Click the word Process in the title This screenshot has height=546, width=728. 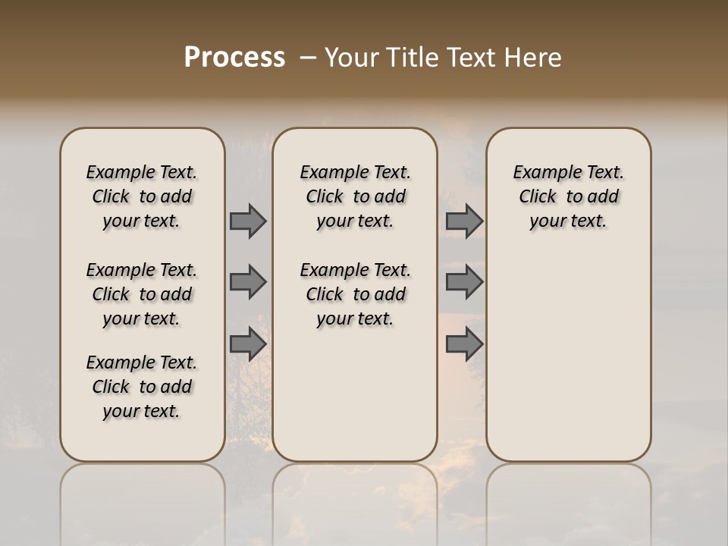pyautogui.click(x=234, y=57)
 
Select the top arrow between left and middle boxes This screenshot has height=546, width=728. pyautogui.click(x=247, y=221)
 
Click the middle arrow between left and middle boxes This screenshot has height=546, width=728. pyautogui.click(x=247, y=282)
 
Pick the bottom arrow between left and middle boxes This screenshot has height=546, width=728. pyautogui.click(x=247, y=344)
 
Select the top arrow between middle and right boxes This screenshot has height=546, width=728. pyautogui.click(x=463, y=221)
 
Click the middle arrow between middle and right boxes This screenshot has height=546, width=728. pyautogui.click(x=463, y=282)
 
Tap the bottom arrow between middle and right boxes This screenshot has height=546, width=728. pyautogui.click(x=463, y=344)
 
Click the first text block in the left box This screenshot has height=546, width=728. pyautogui.click(x=142, y=196)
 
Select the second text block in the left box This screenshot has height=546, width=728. pyautogui.click(x=142, y=294)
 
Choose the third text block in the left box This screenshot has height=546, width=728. pyautogui.click(x=142, y=387)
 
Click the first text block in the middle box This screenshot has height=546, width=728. pyautogui.click(x=356, y=196)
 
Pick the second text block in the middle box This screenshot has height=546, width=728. pyautogui.click(x=356, y=294)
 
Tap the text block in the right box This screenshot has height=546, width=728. pyautogui.click(x=569, y=196)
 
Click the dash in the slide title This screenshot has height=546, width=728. pyautogui.click(x=308, y=57)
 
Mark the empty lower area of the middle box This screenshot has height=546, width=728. pyautogui.click(x=356, y=394)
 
